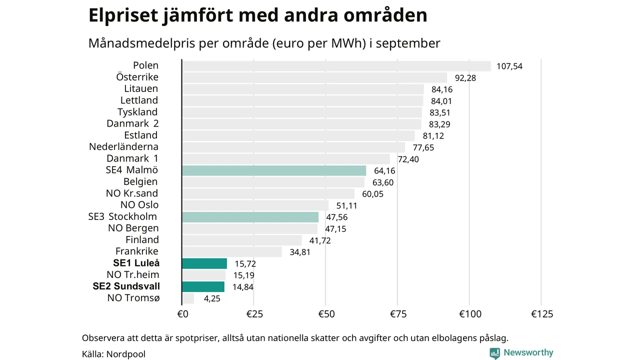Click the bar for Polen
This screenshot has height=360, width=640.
(336, 66)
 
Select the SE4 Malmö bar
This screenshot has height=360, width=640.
(274, 170)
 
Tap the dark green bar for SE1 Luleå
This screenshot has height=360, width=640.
(204, 263)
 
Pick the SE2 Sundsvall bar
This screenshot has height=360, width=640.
(203, 286)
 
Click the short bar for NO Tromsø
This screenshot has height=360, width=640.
(188, 298)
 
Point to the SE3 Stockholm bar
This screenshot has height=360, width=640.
(250, 217)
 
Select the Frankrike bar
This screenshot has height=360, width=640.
(232, 251)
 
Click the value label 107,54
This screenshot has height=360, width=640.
(509, 66)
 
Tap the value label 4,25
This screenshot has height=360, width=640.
(211, 298)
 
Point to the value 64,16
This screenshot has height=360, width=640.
(384, 171)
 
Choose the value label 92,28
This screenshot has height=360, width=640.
(465, 78)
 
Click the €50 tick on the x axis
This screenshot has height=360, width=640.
(325, 314)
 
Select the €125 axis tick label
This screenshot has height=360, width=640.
(542, 314)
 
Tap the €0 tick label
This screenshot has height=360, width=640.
(182, 314)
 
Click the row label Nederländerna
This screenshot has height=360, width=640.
(123, 147)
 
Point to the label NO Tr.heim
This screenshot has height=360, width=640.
(133, 275)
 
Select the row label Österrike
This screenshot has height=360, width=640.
(137, 77)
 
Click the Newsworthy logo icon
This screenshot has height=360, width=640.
(495, 353)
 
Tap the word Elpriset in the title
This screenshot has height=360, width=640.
(124, 15)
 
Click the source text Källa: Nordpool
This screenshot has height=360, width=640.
(113, 354)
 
